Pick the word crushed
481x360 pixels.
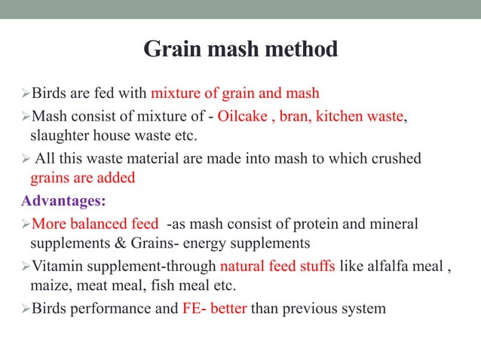(394, 159)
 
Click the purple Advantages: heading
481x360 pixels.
(64, 201)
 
